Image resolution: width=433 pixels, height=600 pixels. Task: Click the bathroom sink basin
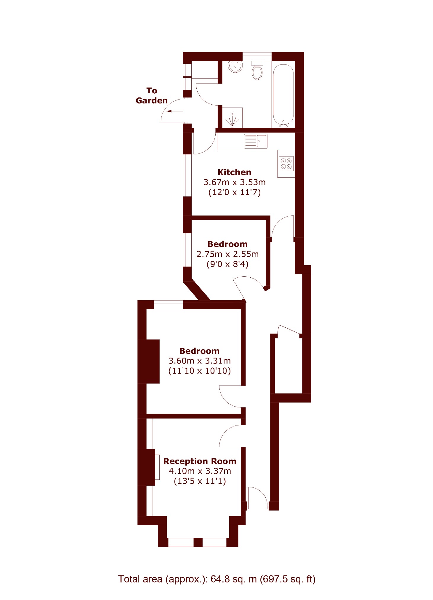tap(235, 67)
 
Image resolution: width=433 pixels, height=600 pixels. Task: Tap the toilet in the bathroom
tap(257, 71)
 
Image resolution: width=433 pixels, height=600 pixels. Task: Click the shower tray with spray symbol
tap(232, 118)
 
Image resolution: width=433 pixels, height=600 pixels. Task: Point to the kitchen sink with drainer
tap(256, 141)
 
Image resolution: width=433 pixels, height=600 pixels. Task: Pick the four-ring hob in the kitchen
tap(286, 164)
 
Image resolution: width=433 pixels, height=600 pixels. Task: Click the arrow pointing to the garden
tap(175, 111)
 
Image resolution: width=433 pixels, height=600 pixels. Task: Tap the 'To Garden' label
tap(152, 95)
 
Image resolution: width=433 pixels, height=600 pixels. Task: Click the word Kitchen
tap(234, 172)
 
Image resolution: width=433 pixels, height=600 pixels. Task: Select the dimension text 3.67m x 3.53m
tap(234, 182)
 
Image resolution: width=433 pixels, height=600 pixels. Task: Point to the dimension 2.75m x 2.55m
tap(227, 254)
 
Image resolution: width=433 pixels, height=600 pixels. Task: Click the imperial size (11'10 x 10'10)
tap(200, 371)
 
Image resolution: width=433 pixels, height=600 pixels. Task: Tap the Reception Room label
tap(200, 461)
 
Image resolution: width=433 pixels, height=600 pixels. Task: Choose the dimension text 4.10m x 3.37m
tap(200, 471)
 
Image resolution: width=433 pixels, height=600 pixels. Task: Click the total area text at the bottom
tap(217, 579)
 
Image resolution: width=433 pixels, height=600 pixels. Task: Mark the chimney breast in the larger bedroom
tap(149, 361)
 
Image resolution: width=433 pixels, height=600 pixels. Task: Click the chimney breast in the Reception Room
tap(147, 467)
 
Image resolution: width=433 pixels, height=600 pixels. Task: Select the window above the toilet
tap(257, 56)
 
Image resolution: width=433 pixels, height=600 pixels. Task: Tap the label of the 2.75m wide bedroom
tap(227, 244)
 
